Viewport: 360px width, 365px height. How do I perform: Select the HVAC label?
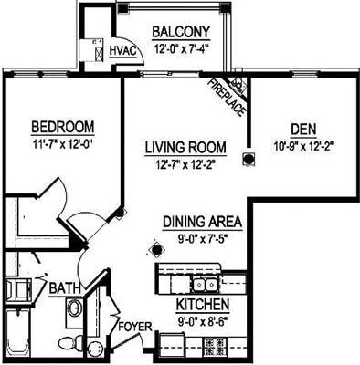pos(122,51)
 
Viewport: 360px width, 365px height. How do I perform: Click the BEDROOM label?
pos(64,126)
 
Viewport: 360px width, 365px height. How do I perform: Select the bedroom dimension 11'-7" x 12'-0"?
pos(64,142)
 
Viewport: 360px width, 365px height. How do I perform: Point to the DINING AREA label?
pos(202,222)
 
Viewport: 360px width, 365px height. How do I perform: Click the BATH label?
pos(65,288)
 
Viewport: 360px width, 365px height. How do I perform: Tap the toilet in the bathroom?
pos(69,343)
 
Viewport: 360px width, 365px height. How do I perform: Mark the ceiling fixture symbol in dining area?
pos(154,247)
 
